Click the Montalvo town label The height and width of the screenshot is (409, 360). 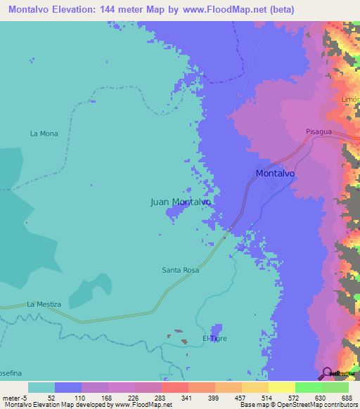tap(275, 172)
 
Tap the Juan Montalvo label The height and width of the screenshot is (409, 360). tap(181, 202)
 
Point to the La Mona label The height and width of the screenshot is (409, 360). tap(44, 133)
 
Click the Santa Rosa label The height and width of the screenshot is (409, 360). tap(181, 270)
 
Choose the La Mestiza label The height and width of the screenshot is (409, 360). tap(44, 304)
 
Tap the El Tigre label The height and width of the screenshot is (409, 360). tap(214, 338)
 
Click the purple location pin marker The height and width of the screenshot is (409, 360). tap(328, 373)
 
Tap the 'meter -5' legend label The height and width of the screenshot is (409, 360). tap(15, 397)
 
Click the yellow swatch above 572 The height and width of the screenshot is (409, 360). tap(281, 387)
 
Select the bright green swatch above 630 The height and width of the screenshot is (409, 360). tap(308, 387)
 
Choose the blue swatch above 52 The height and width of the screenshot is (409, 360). tap(68, 387)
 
